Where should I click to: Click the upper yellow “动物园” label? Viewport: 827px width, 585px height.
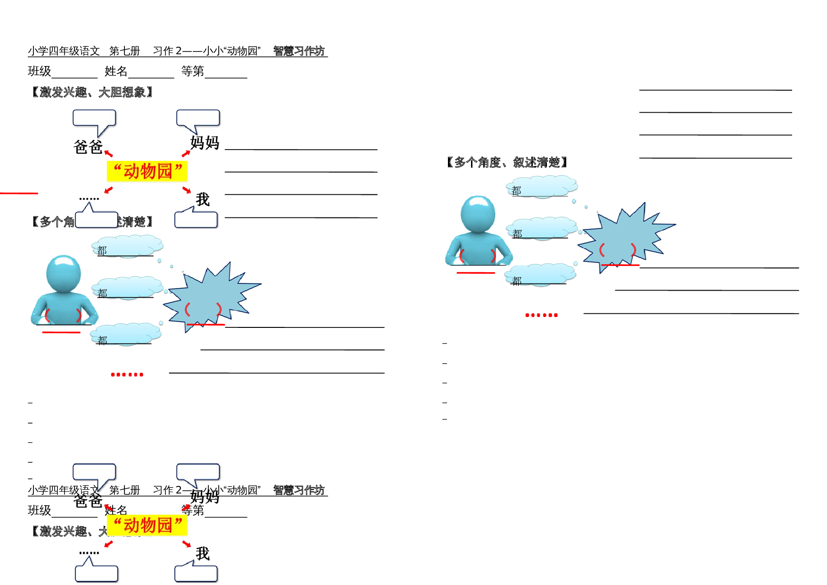click(x=148, y=171)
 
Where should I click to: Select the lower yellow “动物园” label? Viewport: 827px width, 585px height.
click(x=148, y=525)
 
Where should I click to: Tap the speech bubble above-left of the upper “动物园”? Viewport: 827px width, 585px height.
click(x=94, y=118)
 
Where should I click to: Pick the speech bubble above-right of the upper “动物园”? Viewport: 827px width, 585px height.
click(x=198, y=118)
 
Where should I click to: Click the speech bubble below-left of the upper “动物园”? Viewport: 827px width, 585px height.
click(x=96, y=219)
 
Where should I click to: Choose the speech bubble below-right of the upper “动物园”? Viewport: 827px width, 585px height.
click(x=196, y=219)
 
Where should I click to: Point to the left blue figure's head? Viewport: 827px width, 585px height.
click(x=64, y=274)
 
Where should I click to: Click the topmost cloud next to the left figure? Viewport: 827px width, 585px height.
click(x=128, y=246)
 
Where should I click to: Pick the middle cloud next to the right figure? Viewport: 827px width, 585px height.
click(x=543, y=228)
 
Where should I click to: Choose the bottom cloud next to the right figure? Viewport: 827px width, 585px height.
click(x=541, y=274)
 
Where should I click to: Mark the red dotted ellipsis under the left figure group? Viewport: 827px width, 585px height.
click(x=127, y=374)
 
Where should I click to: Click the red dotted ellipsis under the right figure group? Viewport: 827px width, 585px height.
click(x=541, y=315)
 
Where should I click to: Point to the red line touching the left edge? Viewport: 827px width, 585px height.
click(x=19, y=193)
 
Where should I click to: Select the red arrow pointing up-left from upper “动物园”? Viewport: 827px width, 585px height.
click(x=108, y=153)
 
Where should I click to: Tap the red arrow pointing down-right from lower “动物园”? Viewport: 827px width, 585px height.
click(x=187, y=544)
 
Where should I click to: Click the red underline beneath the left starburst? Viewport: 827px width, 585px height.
click(x=206, y=325)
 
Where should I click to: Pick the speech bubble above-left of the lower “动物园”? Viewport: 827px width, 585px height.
click(x=94, y=472)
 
